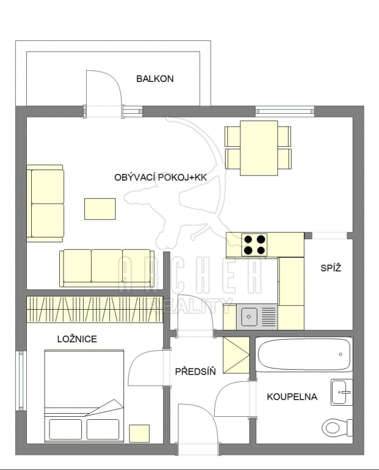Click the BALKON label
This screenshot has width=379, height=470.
(x=155, y=79)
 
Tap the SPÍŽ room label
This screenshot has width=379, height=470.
(x=331, y=267)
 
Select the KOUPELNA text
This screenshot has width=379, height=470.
(x=292, y=397)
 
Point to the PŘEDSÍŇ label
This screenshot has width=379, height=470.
(x=195, y=371)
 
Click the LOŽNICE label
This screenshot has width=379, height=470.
(x=77, y=339)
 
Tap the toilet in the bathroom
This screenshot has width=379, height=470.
(x=337, y=426)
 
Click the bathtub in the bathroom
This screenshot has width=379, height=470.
(x=304, y=354)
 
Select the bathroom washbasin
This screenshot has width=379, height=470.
(x=342, y=392)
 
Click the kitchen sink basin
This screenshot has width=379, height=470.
(x=248, y=316)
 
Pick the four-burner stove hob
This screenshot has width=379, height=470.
(x=254, y=245)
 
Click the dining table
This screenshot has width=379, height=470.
(x=259, y=147)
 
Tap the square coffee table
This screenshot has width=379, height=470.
(x=100, y=209)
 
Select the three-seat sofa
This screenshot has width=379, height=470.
(x=107, y=268)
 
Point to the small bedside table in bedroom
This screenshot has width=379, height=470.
(x=139, y=433)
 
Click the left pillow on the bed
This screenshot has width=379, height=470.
(x=65, y=429)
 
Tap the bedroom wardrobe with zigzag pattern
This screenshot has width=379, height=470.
(x=95, y=310)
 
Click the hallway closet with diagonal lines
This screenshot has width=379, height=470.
(x=236, y=355)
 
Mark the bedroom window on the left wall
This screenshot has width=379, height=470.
(x=21, y=381)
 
